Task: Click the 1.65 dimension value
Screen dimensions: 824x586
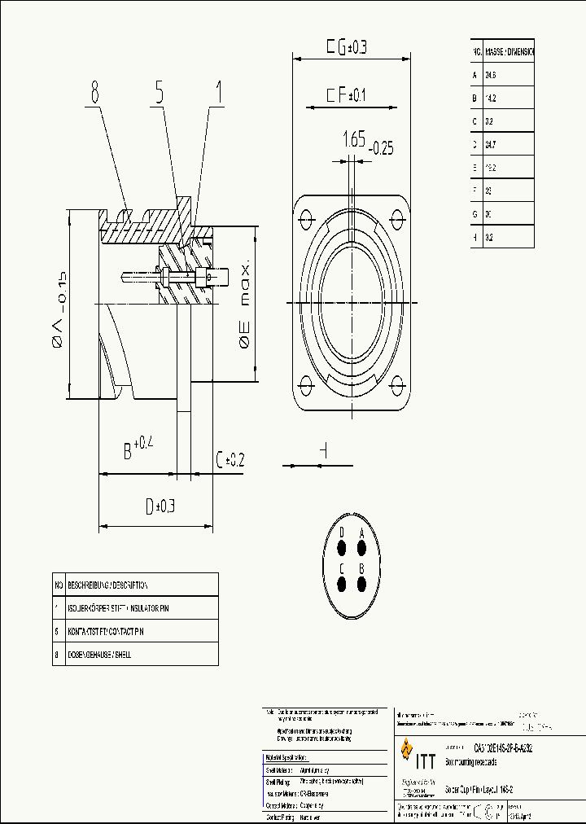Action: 353,139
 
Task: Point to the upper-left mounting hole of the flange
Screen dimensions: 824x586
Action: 308,218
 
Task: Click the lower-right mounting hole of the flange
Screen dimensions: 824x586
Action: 398,387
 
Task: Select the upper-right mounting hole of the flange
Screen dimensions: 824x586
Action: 398,218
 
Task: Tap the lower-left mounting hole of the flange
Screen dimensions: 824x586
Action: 308,387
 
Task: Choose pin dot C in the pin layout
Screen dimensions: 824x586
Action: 342,584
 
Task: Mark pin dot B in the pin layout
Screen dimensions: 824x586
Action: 363,584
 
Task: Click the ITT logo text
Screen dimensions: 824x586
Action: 426,761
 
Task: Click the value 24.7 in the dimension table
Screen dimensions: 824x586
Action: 491,144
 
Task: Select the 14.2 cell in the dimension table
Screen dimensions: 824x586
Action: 491,98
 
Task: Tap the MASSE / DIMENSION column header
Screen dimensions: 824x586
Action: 509,51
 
